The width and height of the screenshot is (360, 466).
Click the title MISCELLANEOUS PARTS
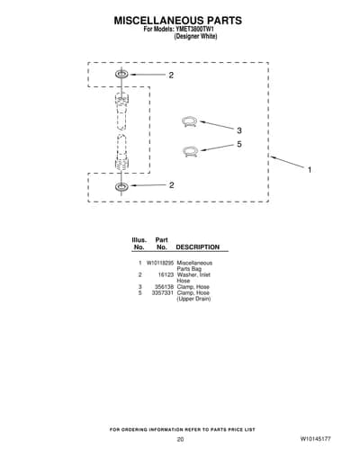pos(178,21)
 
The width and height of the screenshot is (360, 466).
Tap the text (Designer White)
pos(195,36)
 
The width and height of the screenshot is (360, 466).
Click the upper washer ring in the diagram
pos(121,74)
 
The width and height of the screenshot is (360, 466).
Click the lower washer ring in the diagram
pos(121,186)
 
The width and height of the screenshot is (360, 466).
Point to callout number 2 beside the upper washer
pos(171,76)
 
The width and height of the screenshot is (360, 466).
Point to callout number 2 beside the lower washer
pos(171,185)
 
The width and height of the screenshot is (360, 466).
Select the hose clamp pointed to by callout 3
pos(190,121)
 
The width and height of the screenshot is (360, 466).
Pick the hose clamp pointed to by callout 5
pos(190,151)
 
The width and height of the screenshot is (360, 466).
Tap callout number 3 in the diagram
pos(239,130)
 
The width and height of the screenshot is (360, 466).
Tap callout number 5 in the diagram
pos(239,144)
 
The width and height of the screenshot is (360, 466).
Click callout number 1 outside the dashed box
pos(310,170)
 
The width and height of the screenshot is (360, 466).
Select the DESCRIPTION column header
pos(197,247)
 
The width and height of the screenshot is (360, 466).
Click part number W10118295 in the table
pos(160,263)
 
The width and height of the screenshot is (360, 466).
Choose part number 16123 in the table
pos(166,274)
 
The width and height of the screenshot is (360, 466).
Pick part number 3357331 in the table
pos(163,292)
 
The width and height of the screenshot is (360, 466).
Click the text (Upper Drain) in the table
pos(193,299)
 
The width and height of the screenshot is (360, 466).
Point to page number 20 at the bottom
pos(180,439)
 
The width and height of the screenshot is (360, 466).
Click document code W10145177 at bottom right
pos(315,439)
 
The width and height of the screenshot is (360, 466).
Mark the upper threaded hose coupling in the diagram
pos(121,111)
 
